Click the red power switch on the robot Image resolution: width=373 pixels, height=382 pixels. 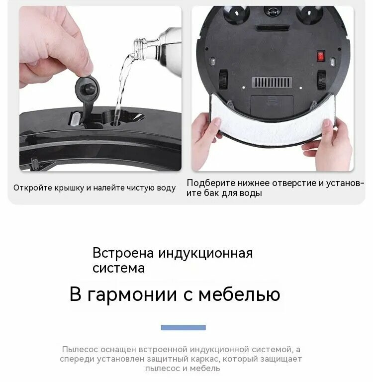321,56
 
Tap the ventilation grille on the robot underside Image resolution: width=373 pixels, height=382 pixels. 272,83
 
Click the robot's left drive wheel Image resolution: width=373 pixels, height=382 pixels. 223,79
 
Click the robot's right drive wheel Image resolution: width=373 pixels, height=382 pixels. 322,79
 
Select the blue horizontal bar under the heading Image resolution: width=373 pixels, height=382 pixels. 183,328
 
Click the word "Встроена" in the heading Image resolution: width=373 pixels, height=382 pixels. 123,253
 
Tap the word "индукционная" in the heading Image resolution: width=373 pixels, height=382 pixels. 205,253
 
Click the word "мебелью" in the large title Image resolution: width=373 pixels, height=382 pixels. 239,294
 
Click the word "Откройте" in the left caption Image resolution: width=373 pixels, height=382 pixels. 33,188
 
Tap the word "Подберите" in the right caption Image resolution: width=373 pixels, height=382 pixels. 211,183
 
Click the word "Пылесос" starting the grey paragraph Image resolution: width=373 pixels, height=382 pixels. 80,350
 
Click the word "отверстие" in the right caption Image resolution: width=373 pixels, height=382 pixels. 292,183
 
